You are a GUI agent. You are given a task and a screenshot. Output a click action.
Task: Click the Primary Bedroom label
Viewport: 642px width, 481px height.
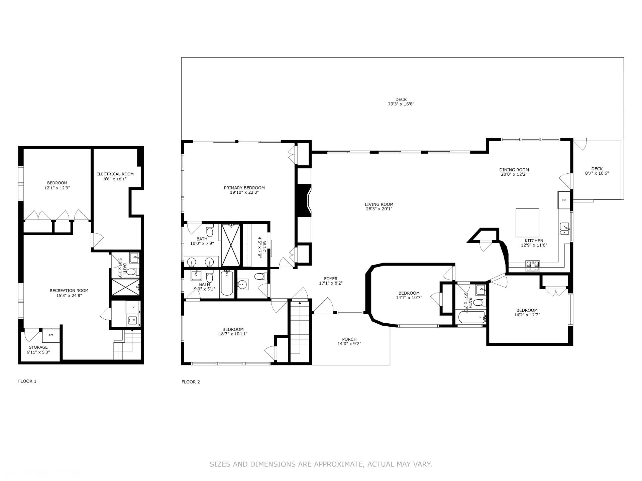(244, 188)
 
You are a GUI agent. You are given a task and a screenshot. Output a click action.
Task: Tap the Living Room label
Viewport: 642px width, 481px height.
(379, 204)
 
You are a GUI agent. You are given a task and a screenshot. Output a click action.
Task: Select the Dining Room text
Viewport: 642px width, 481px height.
(514, 170)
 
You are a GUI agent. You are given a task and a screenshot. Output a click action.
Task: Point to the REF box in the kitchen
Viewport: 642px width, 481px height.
(564, 200)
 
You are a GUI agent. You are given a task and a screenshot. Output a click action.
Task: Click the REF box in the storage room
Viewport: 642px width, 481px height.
(51, 335)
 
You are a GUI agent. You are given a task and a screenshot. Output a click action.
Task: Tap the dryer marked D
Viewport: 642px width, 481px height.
(133, 307)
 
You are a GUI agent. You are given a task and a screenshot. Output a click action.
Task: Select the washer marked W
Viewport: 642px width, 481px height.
(133, 320)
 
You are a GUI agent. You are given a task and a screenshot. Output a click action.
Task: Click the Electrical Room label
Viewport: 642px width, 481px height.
(115, 174)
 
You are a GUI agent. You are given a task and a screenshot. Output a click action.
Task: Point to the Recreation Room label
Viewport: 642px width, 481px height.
(69, 291)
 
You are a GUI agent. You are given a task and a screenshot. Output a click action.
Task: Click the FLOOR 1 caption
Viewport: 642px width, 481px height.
(27, 381)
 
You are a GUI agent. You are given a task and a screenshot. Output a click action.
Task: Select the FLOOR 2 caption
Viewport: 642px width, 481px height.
(191, 382)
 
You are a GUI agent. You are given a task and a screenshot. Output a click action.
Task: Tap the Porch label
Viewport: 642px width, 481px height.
(349, 339)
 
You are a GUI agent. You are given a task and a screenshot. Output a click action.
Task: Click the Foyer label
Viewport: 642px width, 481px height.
(331, 279)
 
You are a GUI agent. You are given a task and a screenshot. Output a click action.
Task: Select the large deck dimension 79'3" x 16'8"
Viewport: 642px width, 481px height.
(401, 104)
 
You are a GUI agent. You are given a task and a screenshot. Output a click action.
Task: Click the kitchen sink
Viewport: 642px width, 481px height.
(564, 228)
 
